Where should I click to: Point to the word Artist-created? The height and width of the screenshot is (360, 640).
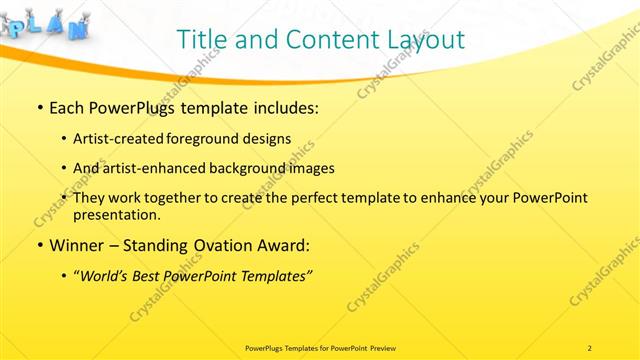tap(121, 139)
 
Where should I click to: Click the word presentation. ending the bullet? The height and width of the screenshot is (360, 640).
tap(116, 214)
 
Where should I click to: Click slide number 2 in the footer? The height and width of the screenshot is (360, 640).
tap(590, 347)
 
